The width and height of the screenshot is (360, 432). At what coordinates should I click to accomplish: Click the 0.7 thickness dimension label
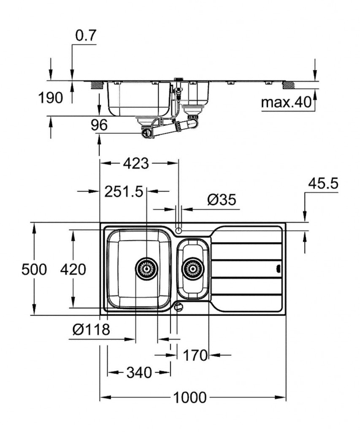coord(86,36)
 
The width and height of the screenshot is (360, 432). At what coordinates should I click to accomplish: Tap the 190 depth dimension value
coord(51,98)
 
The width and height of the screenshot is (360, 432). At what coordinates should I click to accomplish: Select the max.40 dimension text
coord(285,102)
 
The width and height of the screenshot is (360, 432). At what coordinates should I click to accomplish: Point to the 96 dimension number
coord(99,124)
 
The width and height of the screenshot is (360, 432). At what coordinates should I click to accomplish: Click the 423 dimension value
coord(136,163)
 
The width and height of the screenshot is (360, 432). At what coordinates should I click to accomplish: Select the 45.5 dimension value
coord(323,184)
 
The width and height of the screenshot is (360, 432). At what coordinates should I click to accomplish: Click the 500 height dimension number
coord(34,269)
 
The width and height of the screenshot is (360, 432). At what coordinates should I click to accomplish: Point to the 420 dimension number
coord(73,269)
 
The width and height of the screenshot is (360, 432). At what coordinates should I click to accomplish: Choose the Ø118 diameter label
coord(91,329)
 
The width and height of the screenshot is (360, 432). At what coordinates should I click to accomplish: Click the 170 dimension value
coord(195,355)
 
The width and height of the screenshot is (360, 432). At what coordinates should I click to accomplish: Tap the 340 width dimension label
coord(139,373)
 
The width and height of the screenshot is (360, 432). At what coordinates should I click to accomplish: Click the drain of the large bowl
coord(146,268)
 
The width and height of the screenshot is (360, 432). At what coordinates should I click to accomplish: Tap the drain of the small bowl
coord(192,268)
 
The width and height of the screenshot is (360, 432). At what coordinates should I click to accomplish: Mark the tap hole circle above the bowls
coord(179,230)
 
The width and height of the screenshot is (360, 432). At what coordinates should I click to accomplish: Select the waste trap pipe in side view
coord(169,128)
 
